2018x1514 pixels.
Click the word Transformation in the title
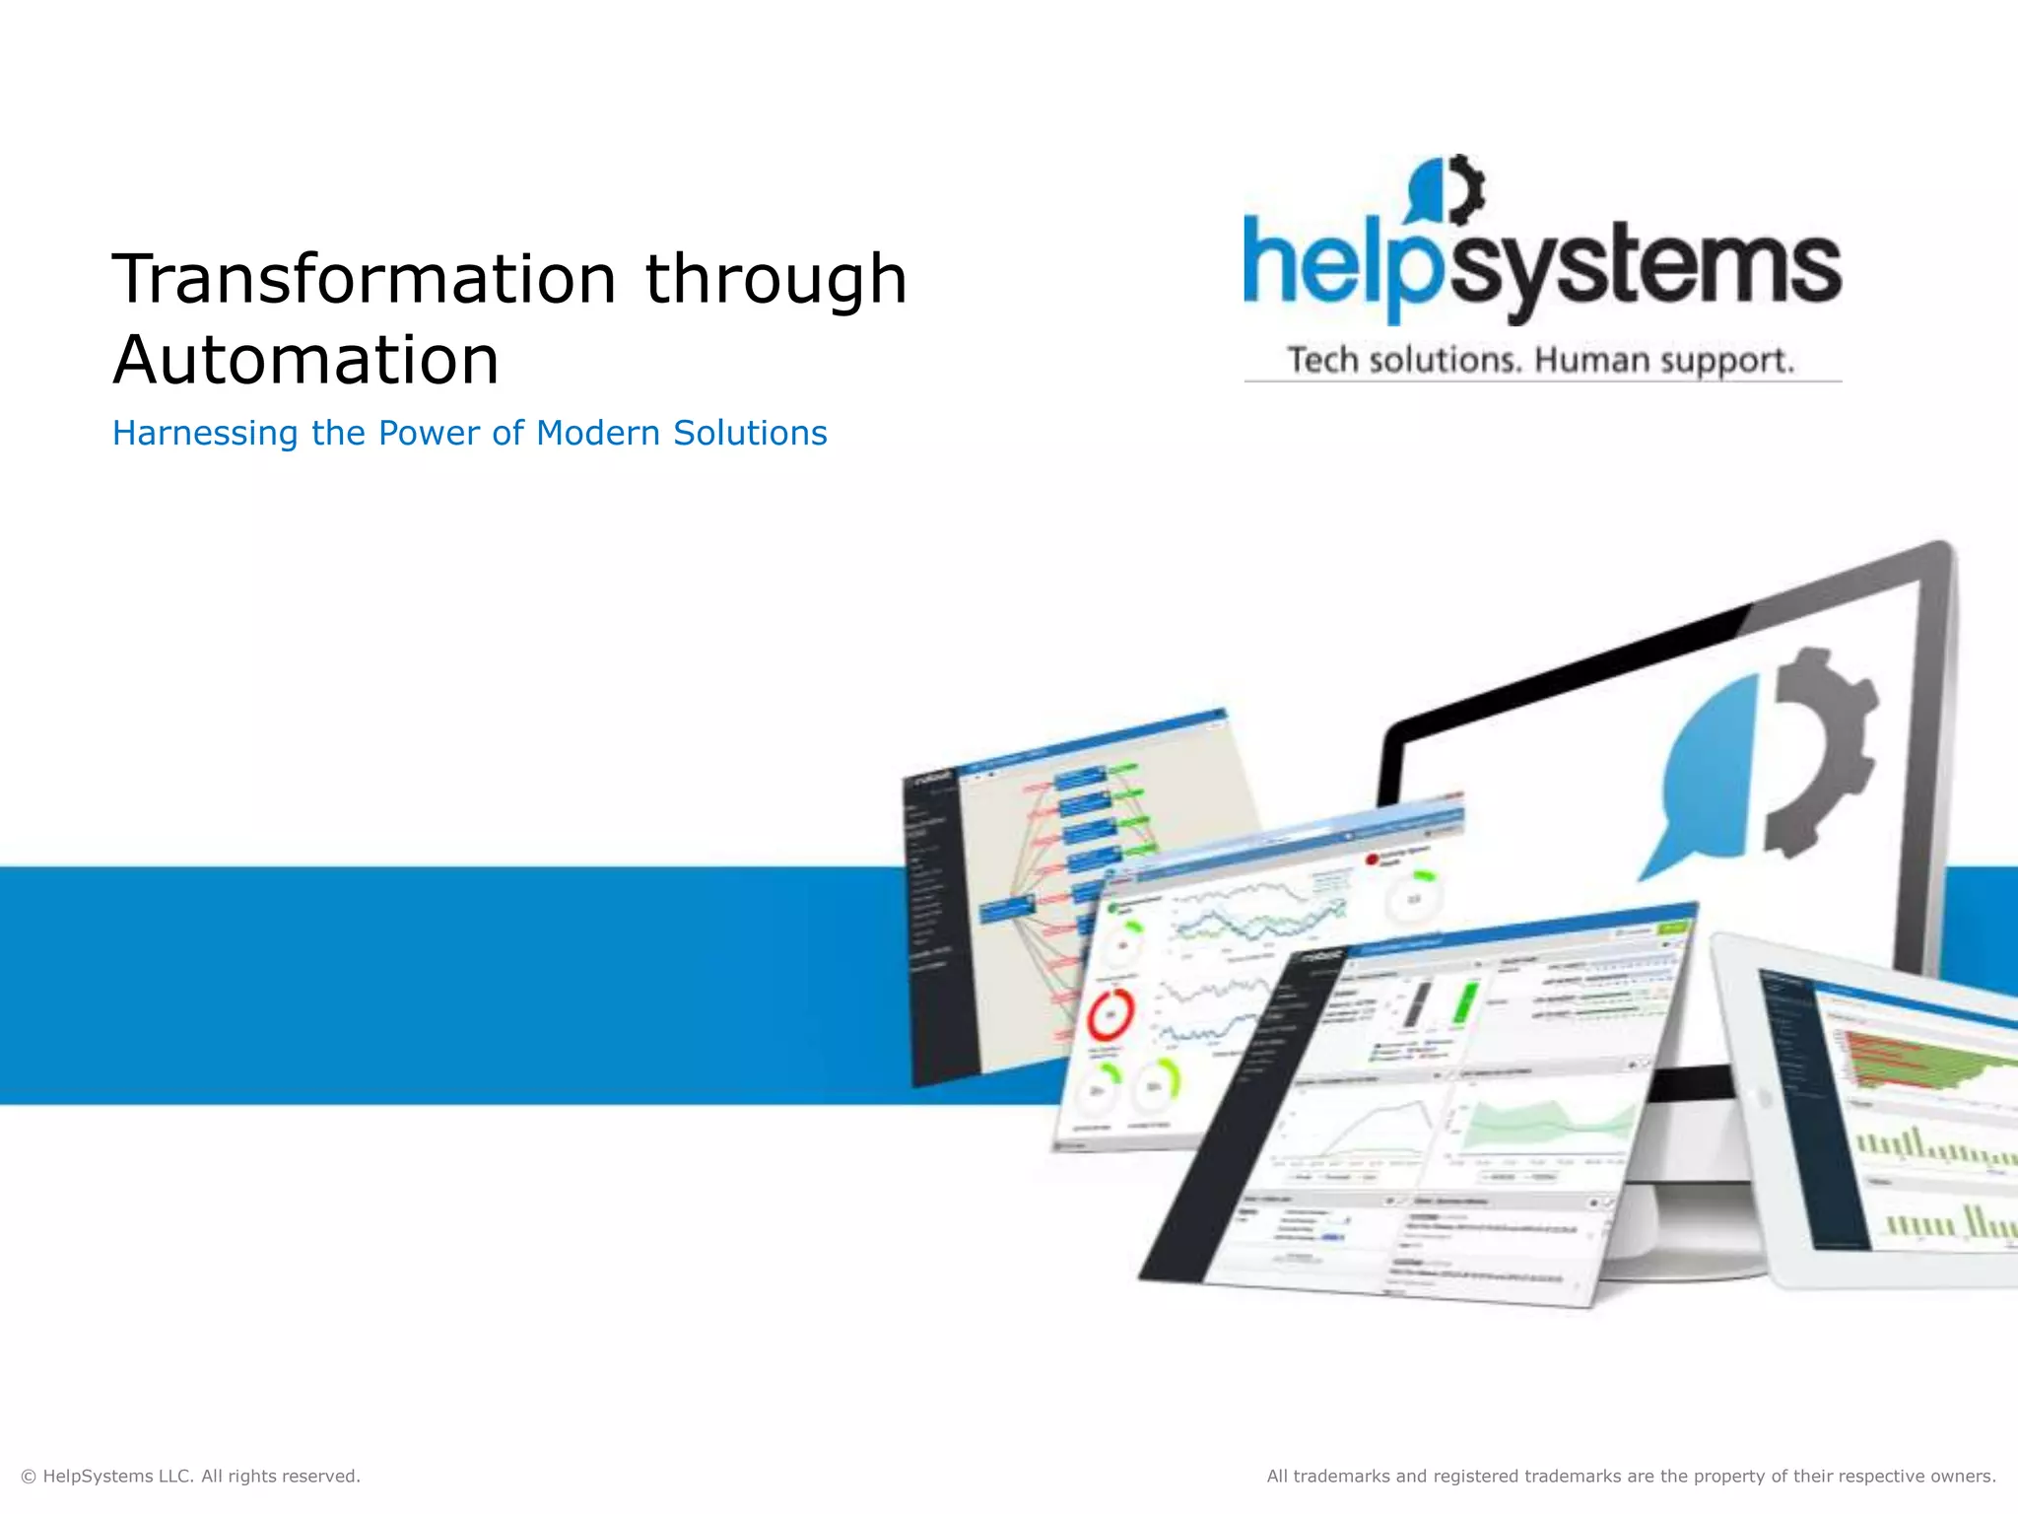tap(365, 279)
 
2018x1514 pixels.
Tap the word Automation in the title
tap(305, 360)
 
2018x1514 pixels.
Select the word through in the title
tap(774, 279)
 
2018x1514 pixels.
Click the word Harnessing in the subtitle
tap(205, 434)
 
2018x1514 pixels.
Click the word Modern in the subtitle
tap(598, 434)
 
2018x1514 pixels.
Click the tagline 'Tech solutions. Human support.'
tap(1541, 360)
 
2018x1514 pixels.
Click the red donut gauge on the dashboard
tap(1110, 1014)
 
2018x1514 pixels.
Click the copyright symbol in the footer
tap(29, 1477)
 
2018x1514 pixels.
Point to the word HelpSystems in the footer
tap(99, 1477)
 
